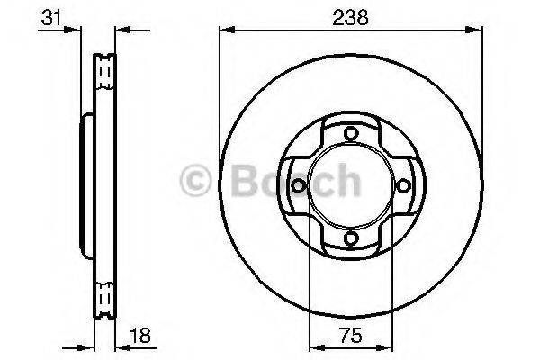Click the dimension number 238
pyautogui.click(x=350, y=17)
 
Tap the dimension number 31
pyautogui.click(x=50, y=17)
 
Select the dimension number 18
pyautogui.click(x=141, y=335)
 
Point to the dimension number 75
pyautogui.click(x=351, y=335)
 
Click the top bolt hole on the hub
pyautogui.click(x=351, y=133)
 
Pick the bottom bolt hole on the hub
pyautogui.click(x=351, y=238)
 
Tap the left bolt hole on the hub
pyautogui.click(x=299, y=186)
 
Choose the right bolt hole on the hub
pyautogui.click(x=403, y=186)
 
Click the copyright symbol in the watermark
pyautogui.click(x=195, y=181)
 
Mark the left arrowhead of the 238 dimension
pyautogui.click(x=227, y=31)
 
